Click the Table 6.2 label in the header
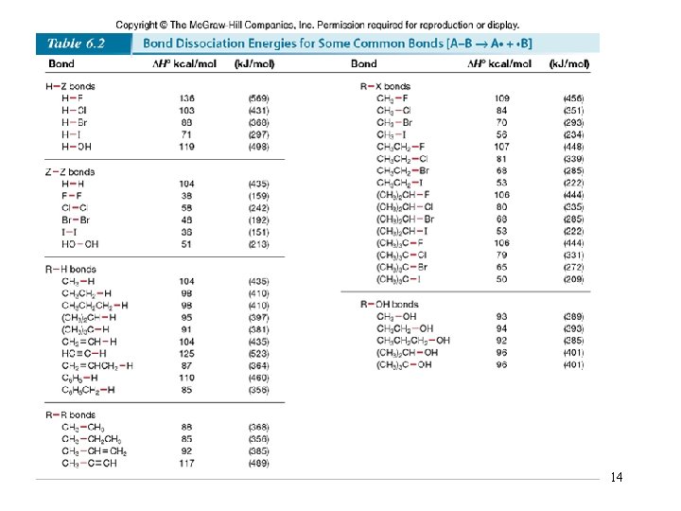(77, 44)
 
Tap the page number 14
(617, 477)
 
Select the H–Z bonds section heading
(71, 86)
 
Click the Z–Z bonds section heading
(70, 172)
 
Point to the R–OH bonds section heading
(389, 305)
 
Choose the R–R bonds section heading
(71, 415)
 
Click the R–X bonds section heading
(385, 86)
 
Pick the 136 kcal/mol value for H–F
(186, 98)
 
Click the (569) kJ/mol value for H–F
(258, 98)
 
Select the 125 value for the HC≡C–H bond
(186, 353)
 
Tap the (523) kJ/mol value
(258, 353)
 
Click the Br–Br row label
(75, 220)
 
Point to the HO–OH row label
(80, 244)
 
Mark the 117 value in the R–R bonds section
(186, 464)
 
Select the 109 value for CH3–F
(500, 98)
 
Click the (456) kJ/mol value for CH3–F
(573, 98)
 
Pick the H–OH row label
(76, 147)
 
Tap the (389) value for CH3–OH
(573, 317)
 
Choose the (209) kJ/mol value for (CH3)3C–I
(573, 280)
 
